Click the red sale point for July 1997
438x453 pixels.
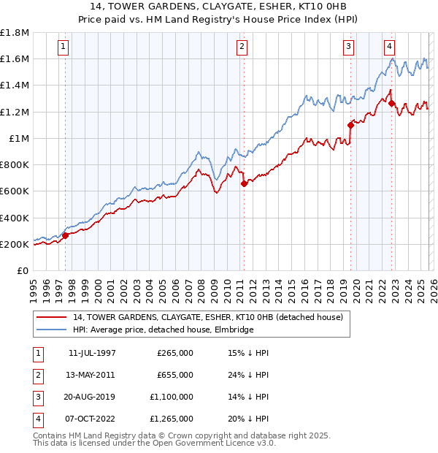pos(66,235)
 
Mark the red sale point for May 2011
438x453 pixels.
pos(244,184)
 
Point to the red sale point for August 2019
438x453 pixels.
pos(350,125)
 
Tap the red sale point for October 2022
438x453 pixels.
pos(391,103)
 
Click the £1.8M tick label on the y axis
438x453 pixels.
pos(15,33)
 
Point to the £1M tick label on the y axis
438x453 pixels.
pos(18,138)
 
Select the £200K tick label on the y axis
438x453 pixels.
pos(15,244)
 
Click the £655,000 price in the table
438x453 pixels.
pos(175,375)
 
